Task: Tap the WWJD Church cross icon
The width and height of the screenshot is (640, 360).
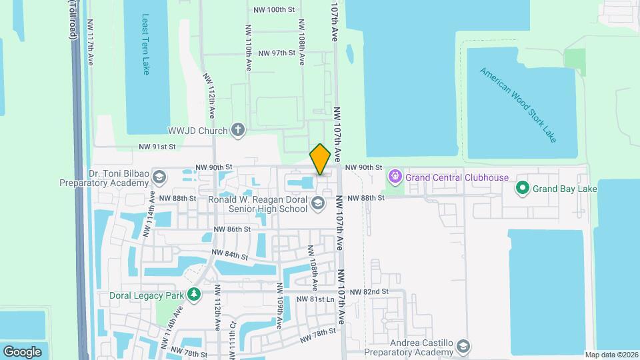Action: click(238, 130)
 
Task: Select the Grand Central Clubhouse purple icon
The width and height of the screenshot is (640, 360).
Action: click(395, 177)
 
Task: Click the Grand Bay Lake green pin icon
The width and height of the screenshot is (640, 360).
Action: click(523, 189)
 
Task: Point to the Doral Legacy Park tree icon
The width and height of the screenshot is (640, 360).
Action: click(194, 294)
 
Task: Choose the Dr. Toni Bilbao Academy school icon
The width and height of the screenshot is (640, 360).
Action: click(159, 177)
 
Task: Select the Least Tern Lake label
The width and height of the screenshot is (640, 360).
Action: click(146, 43)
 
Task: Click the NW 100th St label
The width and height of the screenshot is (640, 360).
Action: click(275, 10)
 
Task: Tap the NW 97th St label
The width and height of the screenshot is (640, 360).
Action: click(276, 53)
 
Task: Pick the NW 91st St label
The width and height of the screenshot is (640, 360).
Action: click(157, 147)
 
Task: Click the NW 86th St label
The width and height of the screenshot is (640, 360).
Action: click(231, 229)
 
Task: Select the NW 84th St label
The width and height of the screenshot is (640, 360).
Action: click(230, 255)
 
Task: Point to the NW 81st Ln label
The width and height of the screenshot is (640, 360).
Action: click(314, 299)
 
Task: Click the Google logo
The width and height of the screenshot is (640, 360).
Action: click(22, 351)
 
